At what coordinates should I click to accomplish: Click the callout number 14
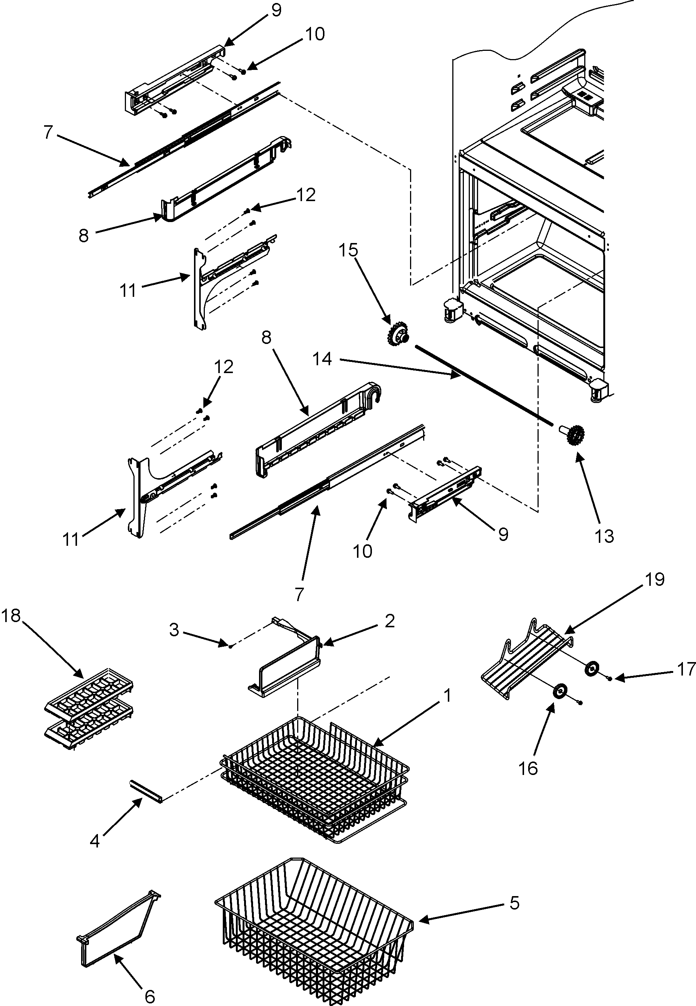click(322, 359)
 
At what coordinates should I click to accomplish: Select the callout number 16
click(528, 768)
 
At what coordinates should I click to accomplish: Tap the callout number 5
click(515, 903)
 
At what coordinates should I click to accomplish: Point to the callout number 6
click(150, 996)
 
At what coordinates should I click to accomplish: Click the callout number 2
click(389, 620)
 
